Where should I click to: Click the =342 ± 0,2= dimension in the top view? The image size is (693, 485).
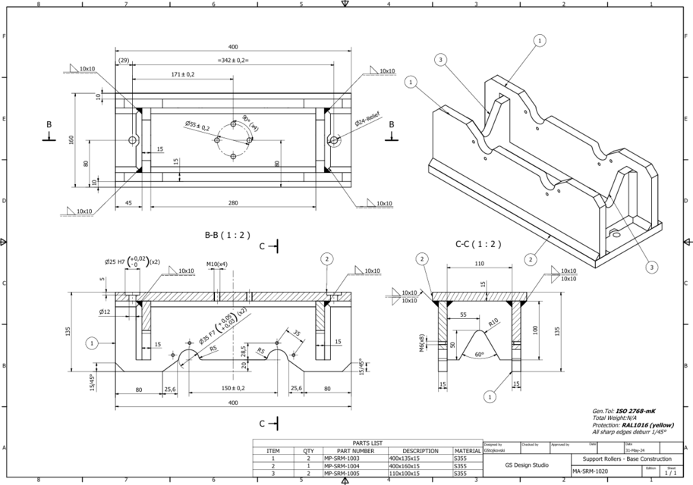pyautogui.click(x=233, y=60)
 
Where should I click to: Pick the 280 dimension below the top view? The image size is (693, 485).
pyautogui.click(x=232, y=202)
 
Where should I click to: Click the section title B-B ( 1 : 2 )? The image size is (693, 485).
pyautogui.click(x=228, y=235)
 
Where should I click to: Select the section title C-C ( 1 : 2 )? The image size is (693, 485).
pyautogui.click(x=477, y=244)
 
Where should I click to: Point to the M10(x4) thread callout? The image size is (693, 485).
pyautogui.click(x=218, y=264)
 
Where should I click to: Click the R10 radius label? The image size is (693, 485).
pyautogui.click(x=493, y=322)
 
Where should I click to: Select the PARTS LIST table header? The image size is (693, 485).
pyautogui.click(x=367, y=443)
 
